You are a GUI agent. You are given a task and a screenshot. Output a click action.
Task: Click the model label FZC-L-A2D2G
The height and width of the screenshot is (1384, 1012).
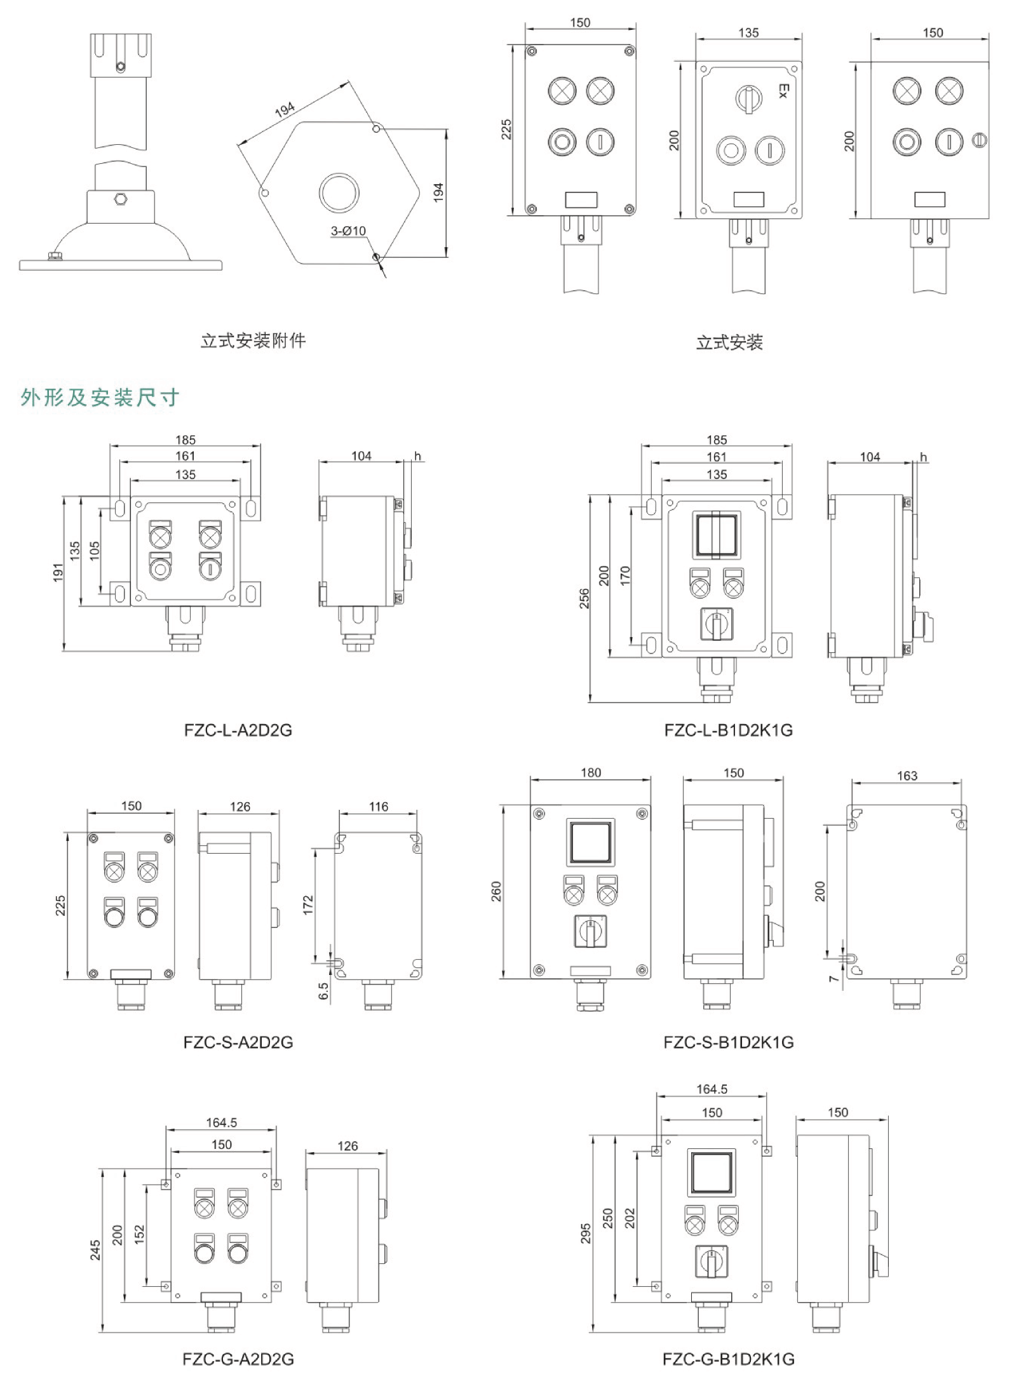pos(238,730)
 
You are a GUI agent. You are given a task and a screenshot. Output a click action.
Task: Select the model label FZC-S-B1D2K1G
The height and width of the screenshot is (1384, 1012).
pos(729,1042)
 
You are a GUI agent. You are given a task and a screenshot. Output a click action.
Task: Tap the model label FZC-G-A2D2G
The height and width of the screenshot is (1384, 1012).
pos(238,1359)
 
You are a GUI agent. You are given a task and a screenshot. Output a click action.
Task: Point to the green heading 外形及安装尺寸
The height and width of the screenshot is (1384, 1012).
pos(100,398)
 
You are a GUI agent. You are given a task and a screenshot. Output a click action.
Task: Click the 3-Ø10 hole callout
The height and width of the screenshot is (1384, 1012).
pos(348,231)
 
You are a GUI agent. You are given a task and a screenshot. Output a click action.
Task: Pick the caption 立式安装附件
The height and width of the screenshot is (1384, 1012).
pos(253,341)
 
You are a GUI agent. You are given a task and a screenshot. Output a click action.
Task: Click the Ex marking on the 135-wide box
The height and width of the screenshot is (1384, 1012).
pos(783,91)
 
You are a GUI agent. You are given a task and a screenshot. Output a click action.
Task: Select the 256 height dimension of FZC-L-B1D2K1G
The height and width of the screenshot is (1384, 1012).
pos(584,598)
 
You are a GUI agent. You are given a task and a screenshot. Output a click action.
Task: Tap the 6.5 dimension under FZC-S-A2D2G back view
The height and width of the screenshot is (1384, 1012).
pos(323,991)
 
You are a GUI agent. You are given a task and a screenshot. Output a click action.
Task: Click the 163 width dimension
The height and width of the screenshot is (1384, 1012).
pos(907,776)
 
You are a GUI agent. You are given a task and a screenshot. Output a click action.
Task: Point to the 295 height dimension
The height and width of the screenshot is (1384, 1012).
pos(586,1233)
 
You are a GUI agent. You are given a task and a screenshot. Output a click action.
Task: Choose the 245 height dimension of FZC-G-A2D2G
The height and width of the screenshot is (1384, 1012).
pos(95,1250)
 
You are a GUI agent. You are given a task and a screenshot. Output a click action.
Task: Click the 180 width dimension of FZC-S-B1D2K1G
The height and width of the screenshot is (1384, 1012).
pos(591,773)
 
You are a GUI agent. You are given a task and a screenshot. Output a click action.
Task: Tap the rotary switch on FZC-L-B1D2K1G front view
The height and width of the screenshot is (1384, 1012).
pos(717,624)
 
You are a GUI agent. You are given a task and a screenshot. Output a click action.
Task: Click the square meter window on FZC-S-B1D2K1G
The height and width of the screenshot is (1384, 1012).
pos(591,841)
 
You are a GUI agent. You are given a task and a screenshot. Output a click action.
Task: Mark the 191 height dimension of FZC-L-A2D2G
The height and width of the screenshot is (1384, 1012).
pos(58,572)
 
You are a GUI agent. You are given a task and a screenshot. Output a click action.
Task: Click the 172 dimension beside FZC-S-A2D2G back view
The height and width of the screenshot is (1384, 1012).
pos(309,904)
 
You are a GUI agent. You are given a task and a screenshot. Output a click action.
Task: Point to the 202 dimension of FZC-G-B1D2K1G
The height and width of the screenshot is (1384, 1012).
pos(630,1218)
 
